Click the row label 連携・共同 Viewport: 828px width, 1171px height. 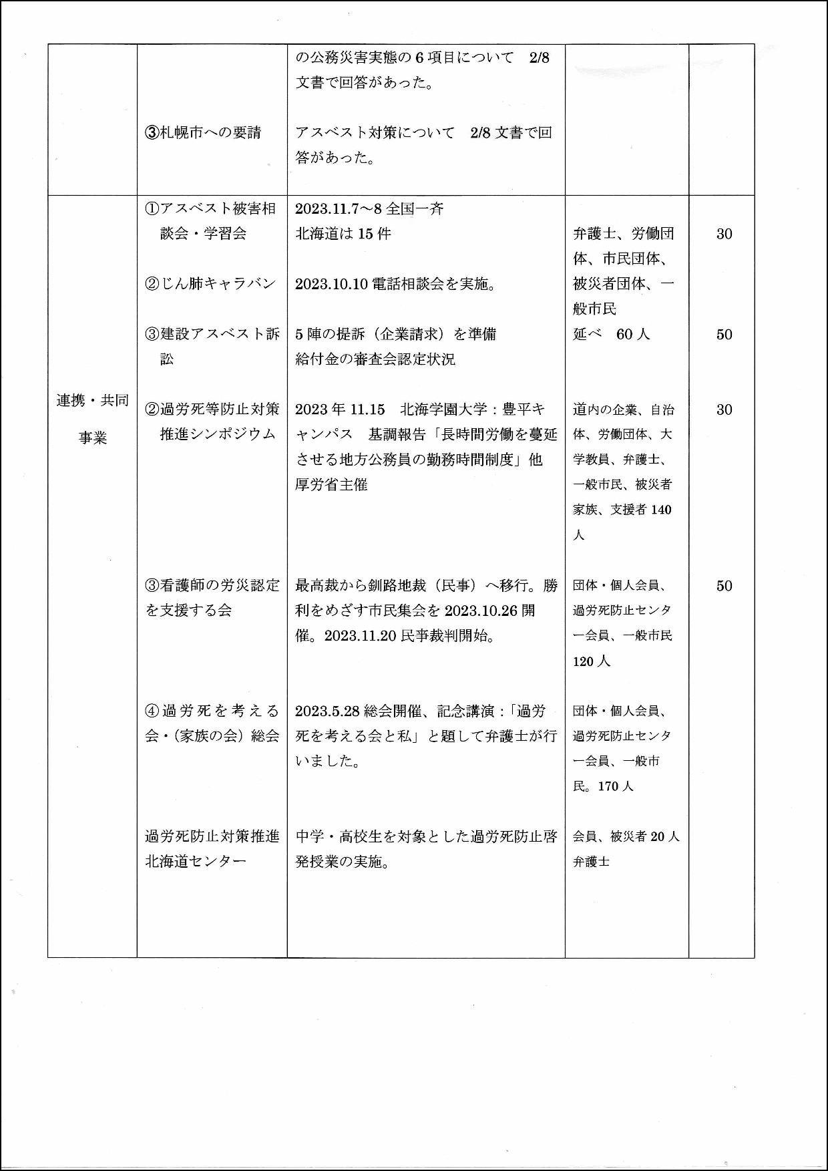click(x=92, y=401)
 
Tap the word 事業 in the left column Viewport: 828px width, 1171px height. click(x=92, y=438)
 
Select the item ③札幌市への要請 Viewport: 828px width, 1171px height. click(x=203, y=132)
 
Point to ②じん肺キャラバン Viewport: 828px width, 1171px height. click(x=210, y=283)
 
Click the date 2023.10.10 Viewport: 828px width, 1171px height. click(x=332, y=284)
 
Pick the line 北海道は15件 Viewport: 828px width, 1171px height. click(x=343, y=233)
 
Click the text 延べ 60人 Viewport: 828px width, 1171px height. click(x=611, y=334)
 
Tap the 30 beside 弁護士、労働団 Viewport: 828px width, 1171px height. click(x=724, y=234)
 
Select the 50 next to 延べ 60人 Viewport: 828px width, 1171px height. click(x=724, y=335)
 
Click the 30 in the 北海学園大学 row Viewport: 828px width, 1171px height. click(x=724, y=409)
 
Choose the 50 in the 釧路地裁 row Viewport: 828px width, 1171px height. click(x=724, y=586)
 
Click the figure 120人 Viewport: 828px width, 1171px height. click(x=592, y=661)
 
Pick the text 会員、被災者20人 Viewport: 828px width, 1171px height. click(x=626, y=836)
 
